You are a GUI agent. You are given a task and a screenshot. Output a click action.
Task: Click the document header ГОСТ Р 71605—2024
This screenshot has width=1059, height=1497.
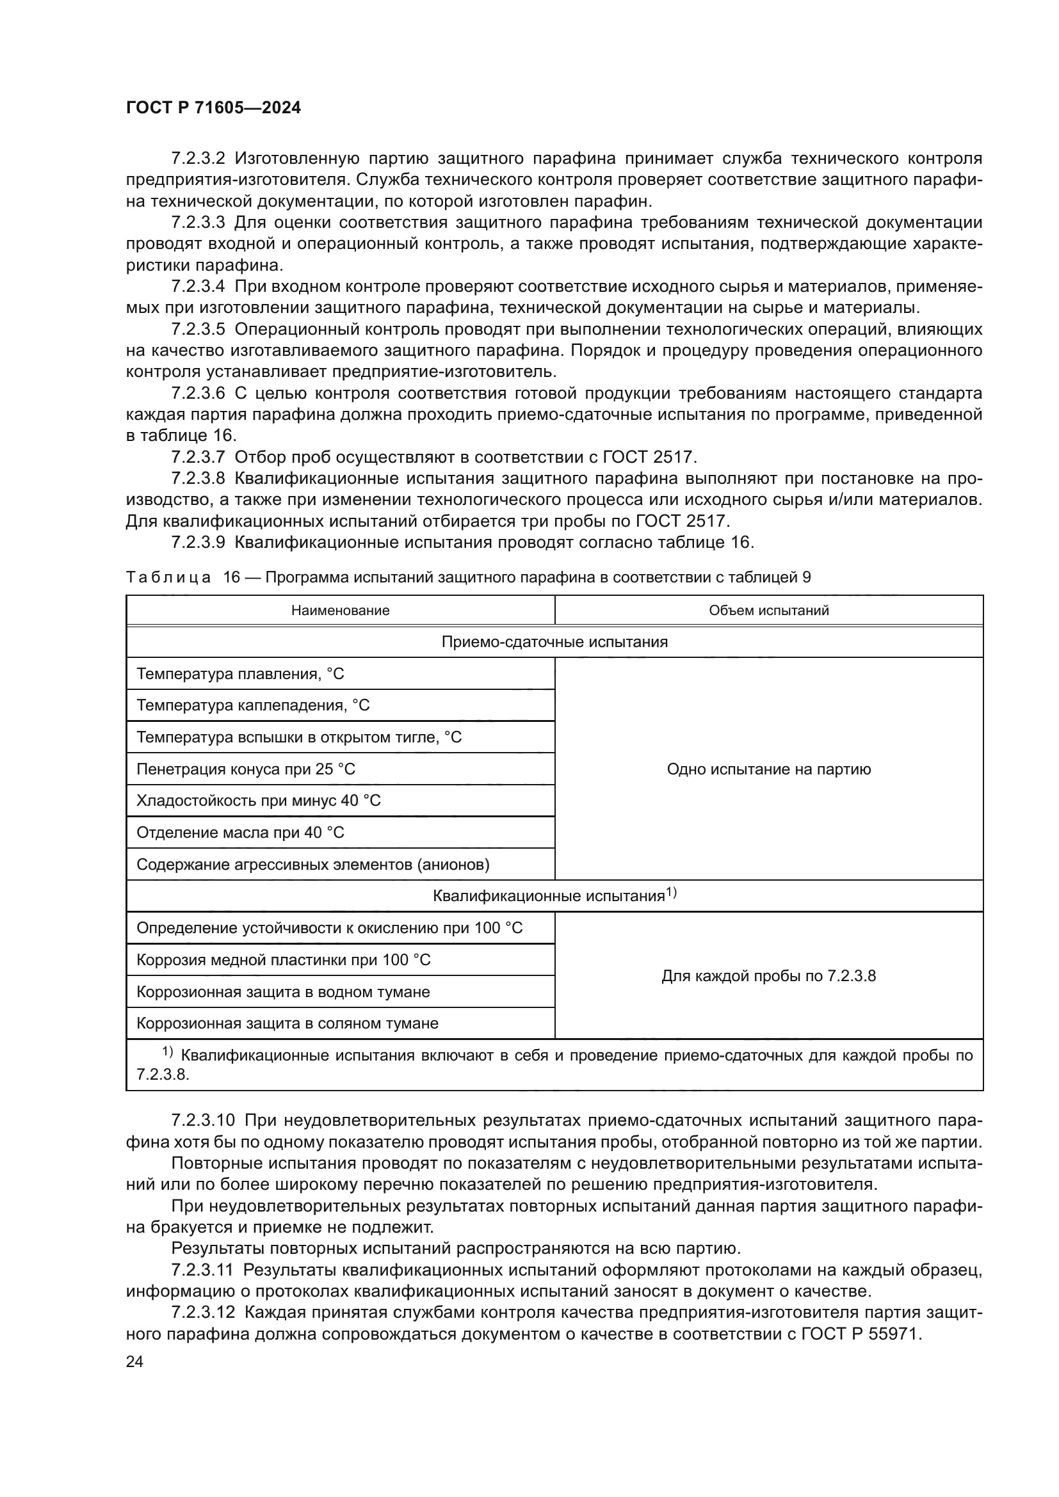213,108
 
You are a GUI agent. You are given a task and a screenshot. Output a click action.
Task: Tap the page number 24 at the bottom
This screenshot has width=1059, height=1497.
134,1361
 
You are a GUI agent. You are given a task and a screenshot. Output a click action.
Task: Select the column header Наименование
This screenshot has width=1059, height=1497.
340,611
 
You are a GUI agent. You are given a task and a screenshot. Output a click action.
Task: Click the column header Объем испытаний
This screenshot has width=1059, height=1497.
768,611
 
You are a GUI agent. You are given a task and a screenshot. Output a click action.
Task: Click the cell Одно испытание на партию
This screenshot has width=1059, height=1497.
768,769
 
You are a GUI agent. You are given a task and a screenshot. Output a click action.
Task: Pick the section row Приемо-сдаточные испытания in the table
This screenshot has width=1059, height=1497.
554,641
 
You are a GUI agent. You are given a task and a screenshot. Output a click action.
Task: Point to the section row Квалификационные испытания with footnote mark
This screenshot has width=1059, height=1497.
554,895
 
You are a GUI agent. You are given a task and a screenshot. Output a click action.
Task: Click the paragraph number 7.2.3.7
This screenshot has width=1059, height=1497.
198,457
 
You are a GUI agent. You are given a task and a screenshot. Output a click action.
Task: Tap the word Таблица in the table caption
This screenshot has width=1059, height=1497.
168,577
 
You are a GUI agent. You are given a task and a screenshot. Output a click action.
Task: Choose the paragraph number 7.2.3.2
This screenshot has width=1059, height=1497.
198,159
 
